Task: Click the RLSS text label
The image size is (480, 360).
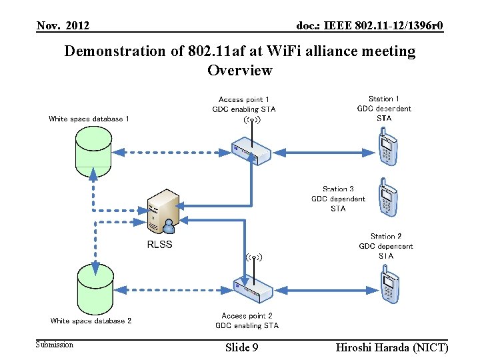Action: [x=159, y=244]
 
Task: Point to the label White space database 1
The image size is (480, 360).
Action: [x=89, y=119]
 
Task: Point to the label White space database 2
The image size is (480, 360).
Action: [x=91, y=321]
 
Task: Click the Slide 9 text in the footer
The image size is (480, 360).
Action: [x=242, y=347]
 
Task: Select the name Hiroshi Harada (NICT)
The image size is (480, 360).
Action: [x=392, y=347]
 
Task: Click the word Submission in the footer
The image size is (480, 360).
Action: [x=55, y=345]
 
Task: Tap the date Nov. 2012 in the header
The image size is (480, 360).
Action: [x=63, y=26]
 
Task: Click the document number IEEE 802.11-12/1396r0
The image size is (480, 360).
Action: [x=370, y=26]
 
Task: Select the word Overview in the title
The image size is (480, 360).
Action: [x=240, y=70]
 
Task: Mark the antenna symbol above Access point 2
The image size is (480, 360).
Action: [x=253, y=257]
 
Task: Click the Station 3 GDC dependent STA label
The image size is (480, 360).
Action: [x=338, y=199]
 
